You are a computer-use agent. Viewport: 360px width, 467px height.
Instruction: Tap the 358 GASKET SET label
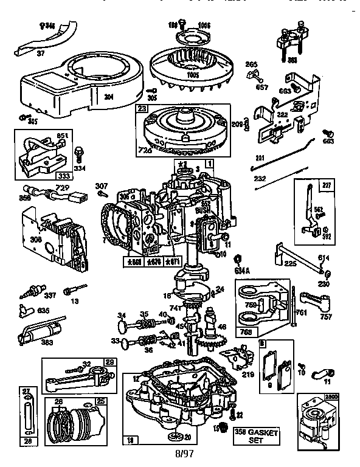coord(255,435)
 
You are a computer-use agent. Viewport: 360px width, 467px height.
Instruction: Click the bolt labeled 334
coord(78,153)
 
